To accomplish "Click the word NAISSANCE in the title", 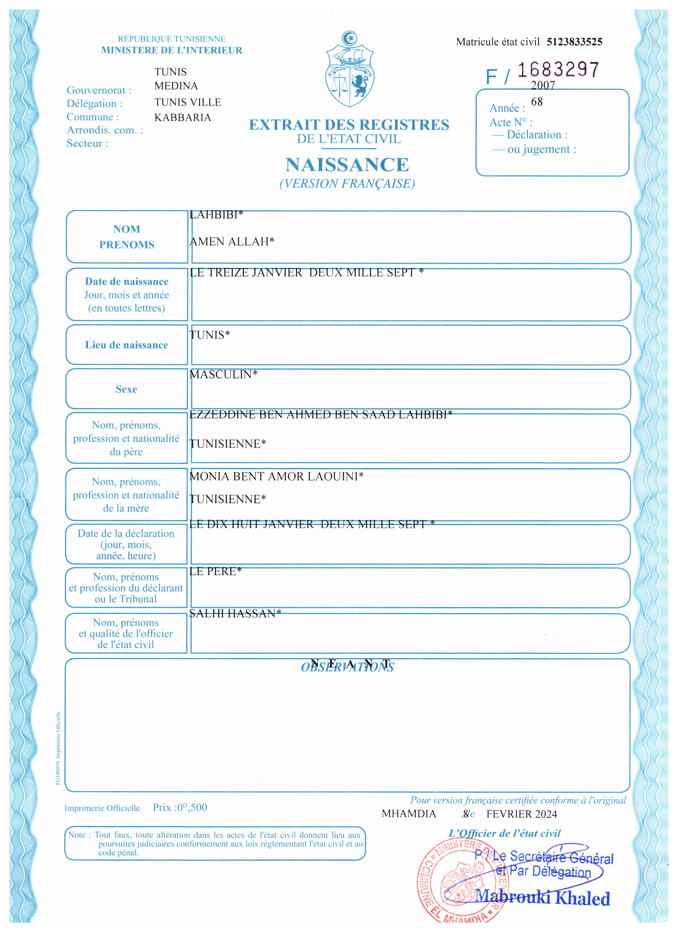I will coord(347,165).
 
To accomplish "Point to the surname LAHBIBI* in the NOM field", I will coord(216,215).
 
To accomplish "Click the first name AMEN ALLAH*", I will coord(232,242).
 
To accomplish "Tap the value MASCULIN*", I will coord(223,374).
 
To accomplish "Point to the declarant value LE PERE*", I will coord(215,571).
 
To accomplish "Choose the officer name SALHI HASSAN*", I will coord(235,614).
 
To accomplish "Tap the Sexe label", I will coord(126,389).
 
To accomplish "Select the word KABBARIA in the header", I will coord(183,117).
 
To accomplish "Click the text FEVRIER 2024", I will coord(522,814).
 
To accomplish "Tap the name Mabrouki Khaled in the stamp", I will coord(542,898).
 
